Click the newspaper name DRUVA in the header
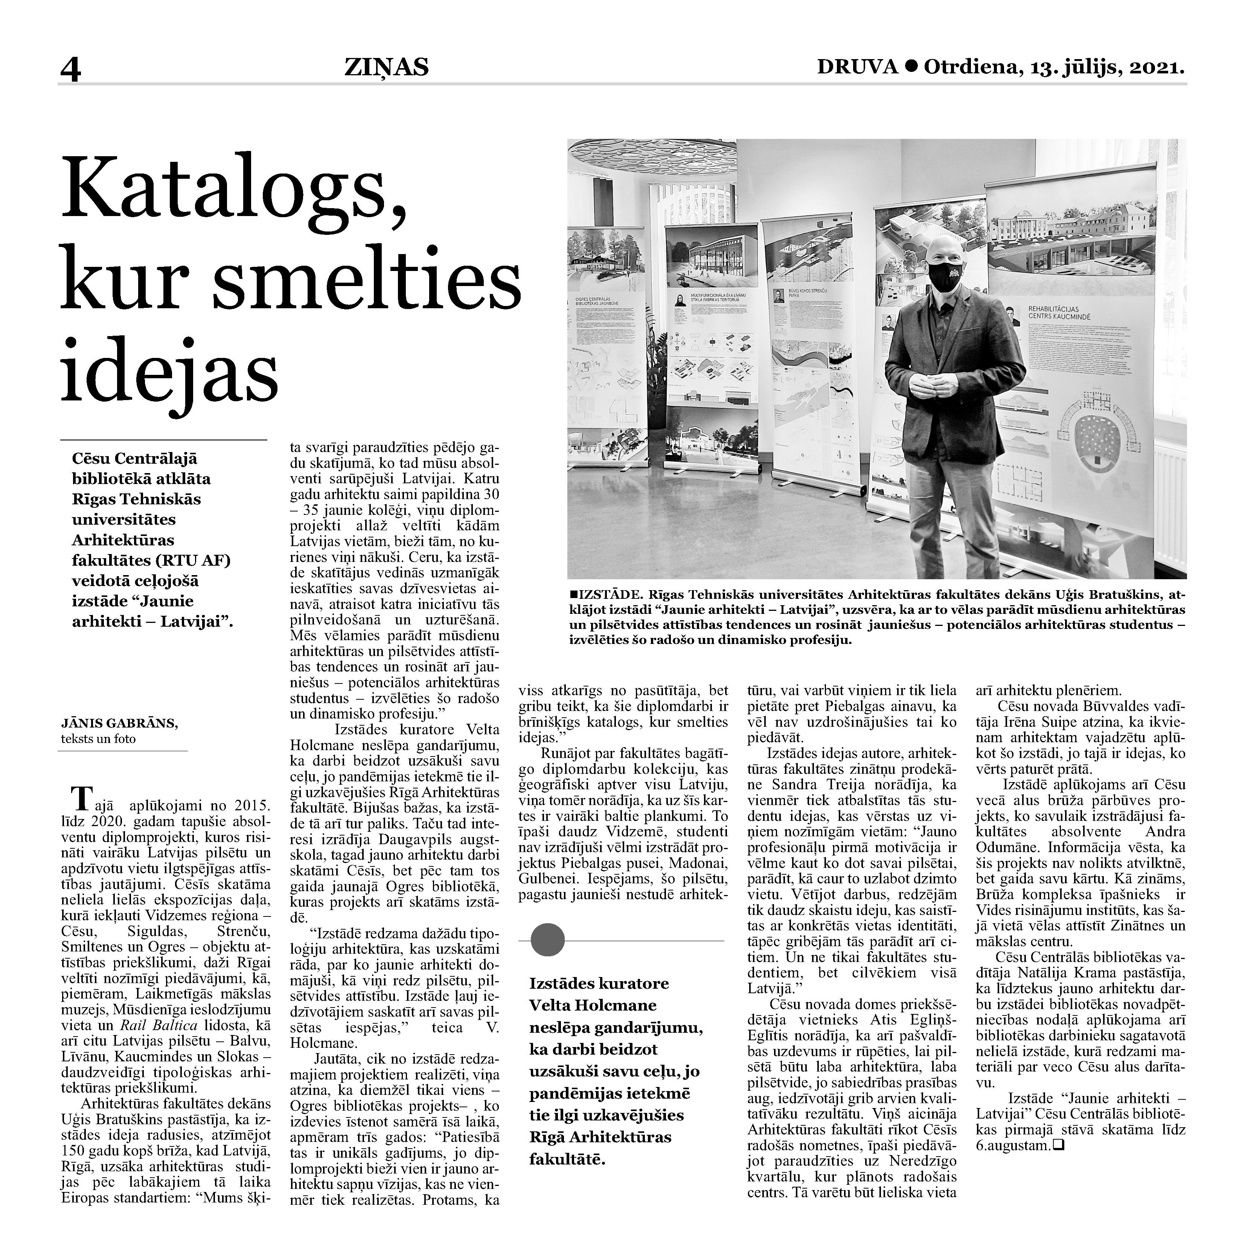pyautogui.click(x=858, y=66)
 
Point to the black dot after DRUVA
pyautogui.click(x=911, y=66)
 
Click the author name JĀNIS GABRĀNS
pyautogui.click(x=119, y=723)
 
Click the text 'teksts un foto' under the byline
pyautogui.click(x=99, y=739)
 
